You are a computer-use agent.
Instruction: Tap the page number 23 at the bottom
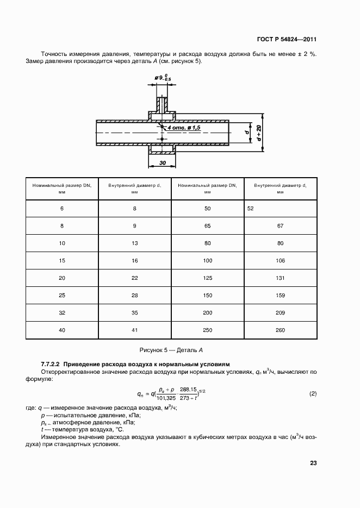click(313, 463)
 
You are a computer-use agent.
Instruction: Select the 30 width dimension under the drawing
click(162, 163)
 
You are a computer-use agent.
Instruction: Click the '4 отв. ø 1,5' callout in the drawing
click(184, 127)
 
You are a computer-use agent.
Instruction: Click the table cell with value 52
click(250, 208)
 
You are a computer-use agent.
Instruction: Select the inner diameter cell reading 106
click(280, 260)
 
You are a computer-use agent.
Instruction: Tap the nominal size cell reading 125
click(207, 278)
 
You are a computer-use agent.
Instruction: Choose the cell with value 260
click(280, 330)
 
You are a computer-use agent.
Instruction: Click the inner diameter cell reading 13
click(135, 243)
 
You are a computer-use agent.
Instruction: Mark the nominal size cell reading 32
click(62, 312)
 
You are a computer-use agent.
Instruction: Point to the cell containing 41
click(135, 330)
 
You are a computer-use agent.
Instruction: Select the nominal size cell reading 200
click(207, 312)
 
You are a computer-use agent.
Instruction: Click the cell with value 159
click(280, 295)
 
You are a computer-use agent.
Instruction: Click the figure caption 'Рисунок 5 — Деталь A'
click(171, 350)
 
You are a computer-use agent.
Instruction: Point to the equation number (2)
click(313, 393)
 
